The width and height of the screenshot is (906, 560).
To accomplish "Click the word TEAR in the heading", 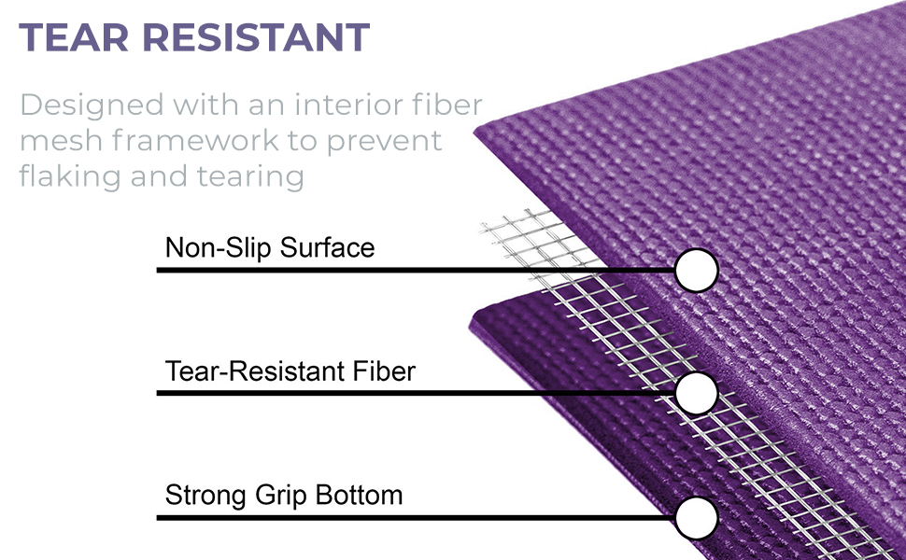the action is (x=74, y=37).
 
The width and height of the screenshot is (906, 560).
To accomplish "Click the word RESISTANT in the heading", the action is (x=256, y=37).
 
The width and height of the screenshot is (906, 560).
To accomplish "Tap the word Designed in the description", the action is (x=92, y=106).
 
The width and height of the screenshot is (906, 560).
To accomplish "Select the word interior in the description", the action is (x=348, y=105).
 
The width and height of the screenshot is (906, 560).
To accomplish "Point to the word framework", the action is (x=195, y=140).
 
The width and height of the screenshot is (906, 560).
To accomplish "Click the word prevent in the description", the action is (x=384, y=142).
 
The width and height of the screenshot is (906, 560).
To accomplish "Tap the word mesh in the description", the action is (x=61, y=140).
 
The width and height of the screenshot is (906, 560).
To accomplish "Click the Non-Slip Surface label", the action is (x=270, y=247).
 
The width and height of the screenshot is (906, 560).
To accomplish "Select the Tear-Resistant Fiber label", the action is (x=290, y=371).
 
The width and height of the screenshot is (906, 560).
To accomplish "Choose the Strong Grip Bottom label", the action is (x=284, y=496).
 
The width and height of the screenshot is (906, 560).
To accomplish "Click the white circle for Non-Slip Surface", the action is (x=696, y=270).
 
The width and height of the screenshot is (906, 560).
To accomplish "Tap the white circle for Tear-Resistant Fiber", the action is (x=696, y=393).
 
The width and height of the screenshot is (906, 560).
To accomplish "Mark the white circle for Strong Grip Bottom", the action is (x=696, y=518).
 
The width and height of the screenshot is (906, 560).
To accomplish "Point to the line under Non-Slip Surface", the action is (x=416, y=270).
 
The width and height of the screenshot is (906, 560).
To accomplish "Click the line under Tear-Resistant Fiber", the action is (x=416, y=393).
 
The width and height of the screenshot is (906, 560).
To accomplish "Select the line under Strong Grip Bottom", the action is (x=416, y=518).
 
